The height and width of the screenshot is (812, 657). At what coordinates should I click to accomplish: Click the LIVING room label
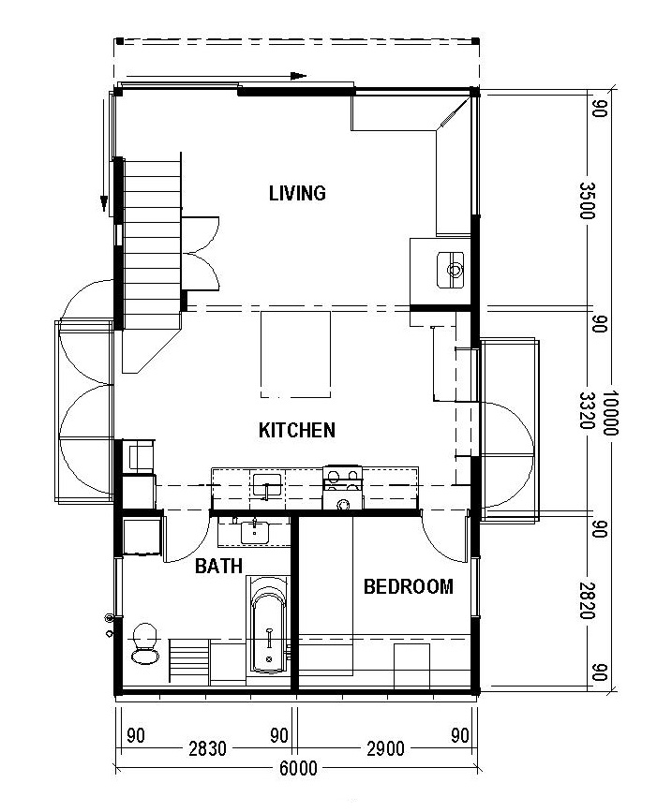[x=297, y=194]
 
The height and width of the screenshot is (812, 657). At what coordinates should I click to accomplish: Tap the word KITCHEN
[x=297, y=431]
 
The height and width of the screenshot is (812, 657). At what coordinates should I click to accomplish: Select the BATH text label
[x=218, y=566]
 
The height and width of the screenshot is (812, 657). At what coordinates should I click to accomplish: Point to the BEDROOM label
[x=408, y=587]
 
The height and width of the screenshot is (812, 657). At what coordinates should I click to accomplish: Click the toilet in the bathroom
[x=144, y=643]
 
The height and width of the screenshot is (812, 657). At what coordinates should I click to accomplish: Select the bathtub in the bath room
[x=268, y=626]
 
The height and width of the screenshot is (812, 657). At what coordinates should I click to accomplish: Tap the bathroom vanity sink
[x=252, y=532]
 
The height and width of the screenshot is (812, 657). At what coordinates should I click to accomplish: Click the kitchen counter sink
[x=266, y=485]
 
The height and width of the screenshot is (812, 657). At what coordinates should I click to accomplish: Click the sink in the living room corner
[x=454, y=271]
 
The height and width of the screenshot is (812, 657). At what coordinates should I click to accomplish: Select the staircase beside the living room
[x=152, y=239]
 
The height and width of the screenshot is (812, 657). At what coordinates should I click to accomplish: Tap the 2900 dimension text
[x=385, y=748]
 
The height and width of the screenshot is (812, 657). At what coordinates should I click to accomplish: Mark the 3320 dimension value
[x=588, y=408]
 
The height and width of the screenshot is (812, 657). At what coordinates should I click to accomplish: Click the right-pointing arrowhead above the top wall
[x=299, y=76]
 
